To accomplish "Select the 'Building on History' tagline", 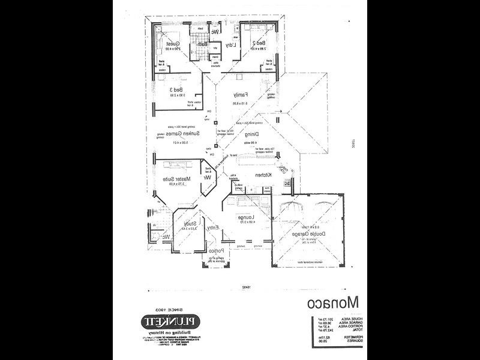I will point(163,332).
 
